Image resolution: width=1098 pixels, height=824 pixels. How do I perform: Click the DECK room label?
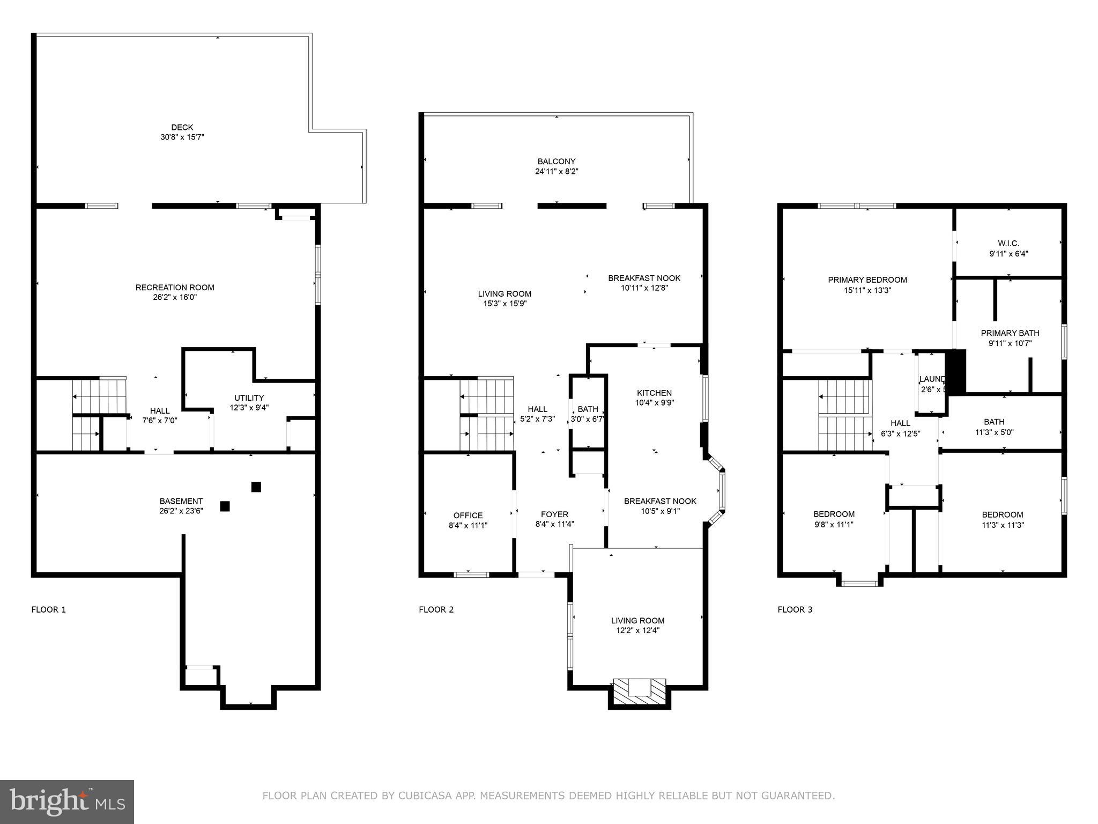coord(182,127)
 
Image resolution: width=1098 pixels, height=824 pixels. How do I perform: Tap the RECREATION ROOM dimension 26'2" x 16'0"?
coord(175,297)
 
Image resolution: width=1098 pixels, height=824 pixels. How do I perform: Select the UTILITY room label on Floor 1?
coord(249,398)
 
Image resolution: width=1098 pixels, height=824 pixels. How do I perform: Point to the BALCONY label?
coord(557,161)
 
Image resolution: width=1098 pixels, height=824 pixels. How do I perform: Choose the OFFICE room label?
coord(468,516)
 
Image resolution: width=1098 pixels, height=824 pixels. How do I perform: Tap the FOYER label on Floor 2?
coord(554,514)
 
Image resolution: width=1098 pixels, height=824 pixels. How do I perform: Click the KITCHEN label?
coord(654,393)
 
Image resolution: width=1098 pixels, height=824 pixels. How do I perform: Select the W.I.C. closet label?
coord(1008,244)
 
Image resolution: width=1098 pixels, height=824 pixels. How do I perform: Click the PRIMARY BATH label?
coord(1010,333)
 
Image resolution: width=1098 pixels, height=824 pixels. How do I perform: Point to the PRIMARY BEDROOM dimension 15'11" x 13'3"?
coord(867,290)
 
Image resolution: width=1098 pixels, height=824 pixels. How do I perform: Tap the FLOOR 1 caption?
coord(48,609)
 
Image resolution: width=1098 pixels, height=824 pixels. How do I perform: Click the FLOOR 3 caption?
coord(795,609)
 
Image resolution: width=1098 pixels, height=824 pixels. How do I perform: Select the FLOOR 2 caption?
coord(436,609)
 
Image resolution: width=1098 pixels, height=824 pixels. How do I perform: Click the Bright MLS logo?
coord(67,801)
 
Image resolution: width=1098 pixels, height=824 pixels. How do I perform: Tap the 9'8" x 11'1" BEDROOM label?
coord(834,514)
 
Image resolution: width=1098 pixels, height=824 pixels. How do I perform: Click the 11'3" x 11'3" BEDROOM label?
coord(1002,514)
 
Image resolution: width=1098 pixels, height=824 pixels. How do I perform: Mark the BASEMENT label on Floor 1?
coord(181,501)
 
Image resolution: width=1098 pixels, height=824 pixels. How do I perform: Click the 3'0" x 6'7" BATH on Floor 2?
coord(588,414)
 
